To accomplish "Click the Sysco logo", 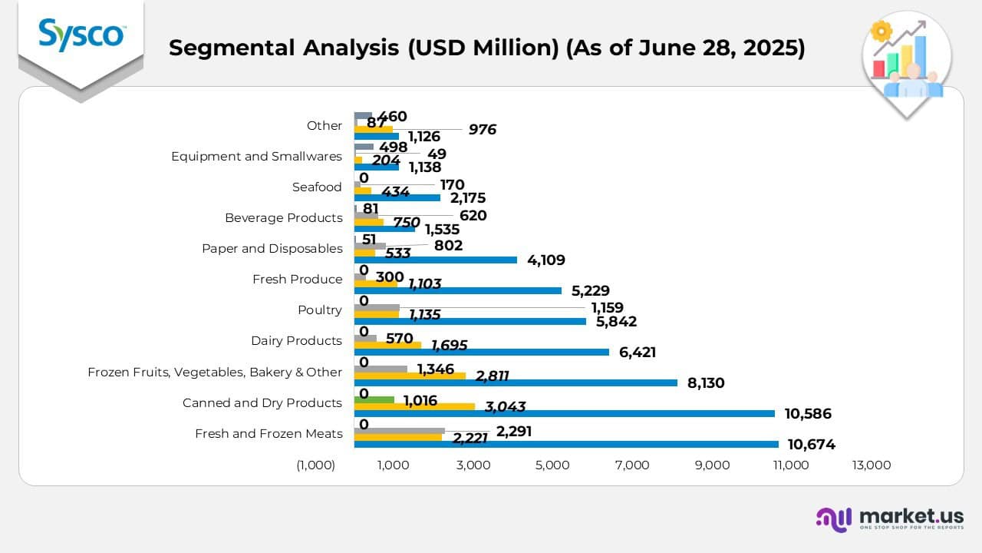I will coord(81,35).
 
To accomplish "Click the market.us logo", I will coord(890,518).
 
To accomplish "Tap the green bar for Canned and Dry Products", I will coord(374,399).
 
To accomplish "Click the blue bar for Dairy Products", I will coord(481,352).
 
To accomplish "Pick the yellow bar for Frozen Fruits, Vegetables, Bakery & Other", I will coord(410,376).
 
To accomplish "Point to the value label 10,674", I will coord(809,444).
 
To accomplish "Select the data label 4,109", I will coord(546,260).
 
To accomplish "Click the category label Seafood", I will coord(317,187).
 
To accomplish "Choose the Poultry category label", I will coord(319,310).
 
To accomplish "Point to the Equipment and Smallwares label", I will coord(256,156).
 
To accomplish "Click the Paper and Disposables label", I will coord(272,248).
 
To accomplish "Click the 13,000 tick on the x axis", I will coord(872,465).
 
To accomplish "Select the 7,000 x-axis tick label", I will coord(633,465).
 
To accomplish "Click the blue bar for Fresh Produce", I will coord(458,290).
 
